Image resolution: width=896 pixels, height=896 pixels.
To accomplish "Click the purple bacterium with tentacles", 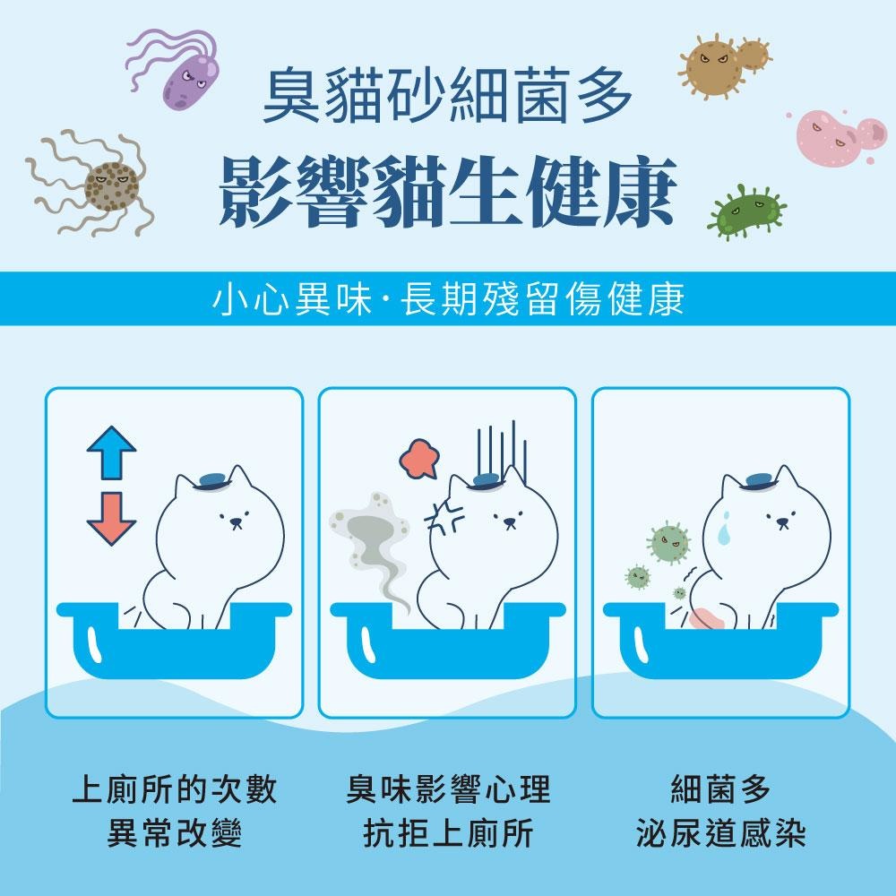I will tap(190, 79).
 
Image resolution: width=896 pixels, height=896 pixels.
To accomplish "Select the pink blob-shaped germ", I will tap(833, 134).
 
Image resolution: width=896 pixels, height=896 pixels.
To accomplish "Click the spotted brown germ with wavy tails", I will tap(109, 186).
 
